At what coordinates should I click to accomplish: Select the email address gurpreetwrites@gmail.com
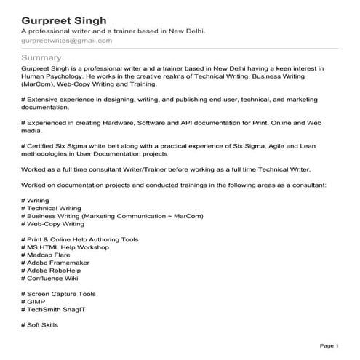tap(67, 41)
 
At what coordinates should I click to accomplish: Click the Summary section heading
tap(41, 57)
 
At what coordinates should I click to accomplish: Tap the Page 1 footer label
tap(329, 345)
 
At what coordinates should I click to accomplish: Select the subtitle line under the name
tap(113, 31)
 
